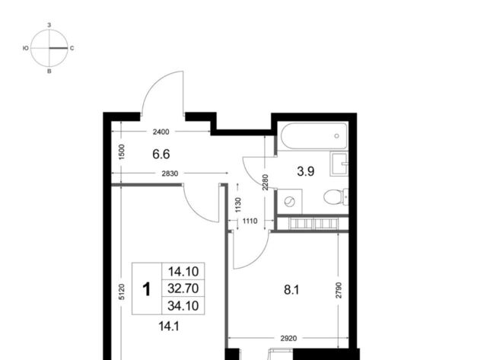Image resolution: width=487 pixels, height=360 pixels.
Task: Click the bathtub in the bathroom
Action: (x=314, y=136)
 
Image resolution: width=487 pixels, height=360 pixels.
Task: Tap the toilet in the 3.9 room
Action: (x=336, y=196)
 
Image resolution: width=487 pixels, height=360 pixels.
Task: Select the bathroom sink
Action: (x=339, y=164)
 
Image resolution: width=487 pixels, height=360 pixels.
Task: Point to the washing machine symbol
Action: (x=289, y=202)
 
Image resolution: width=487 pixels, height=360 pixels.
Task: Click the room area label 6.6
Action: (x=161, y=154)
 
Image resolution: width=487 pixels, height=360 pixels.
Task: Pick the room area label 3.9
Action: (x=306, y=171)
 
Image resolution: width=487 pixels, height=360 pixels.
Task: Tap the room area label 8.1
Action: (x=291, y=290)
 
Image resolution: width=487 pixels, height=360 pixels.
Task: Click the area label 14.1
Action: (x=169, y=327)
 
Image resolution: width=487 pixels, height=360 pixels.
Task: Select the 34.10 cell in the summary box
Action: (x=183, y=306)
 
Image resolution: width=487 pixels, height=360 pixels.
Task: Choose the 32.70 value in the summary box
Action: (x=183, y=288)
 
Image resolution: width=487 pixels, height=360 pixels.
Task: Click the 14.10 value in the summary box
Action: (x=183, y=272)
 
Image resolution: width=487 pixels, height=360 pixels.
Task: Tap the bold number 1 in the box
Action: (x=147, y=289)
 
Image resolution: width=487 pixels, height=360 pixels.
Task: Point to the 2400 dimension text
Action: (x=161, y=132)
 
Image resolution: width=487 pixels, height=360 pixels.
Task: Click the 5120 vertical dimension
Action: (x=122, y=292)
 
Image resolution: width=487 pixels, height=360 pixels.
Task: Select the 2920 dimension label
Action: (x=289, y=338)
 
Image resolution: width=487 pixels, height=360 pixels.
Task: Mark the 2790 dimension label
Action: (x=339, y=290)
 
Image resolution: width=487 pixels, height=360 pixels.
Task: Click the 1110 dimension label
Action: (x=250, y=221)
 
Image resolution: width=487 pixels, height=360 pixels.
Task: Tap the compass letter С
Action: (x=72, y=48)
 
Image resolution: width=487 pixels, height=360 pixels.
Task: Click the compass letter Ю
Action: (x=26, y=48)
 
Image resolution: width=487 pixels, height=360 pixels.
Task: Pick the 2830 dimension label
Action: (x=170, y=174)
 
